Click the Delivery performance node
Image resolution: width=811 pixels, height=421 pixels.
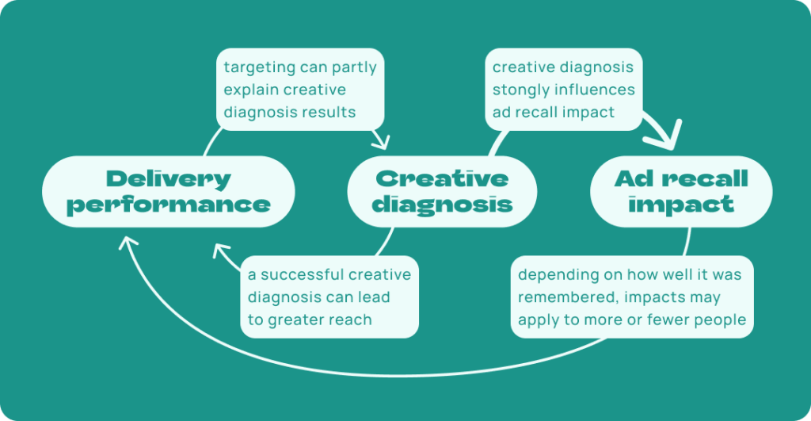coord(168,192)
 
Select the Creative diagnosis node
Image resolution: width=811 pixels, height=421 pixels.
coord(442,192)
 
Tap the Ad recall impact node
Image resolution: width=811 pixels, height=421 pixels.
coord(680,192)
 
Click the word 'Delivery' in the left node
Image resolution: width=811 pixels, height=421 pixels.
coord(168,178)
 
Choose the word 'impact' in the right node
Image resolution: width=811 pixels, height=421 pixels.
coord(680,205)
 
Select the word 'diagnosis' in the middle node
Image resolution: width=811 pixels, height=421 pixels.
coord(442,205)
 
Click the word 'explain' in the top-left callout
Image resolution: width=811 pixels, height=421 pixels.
coord(252,90)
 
